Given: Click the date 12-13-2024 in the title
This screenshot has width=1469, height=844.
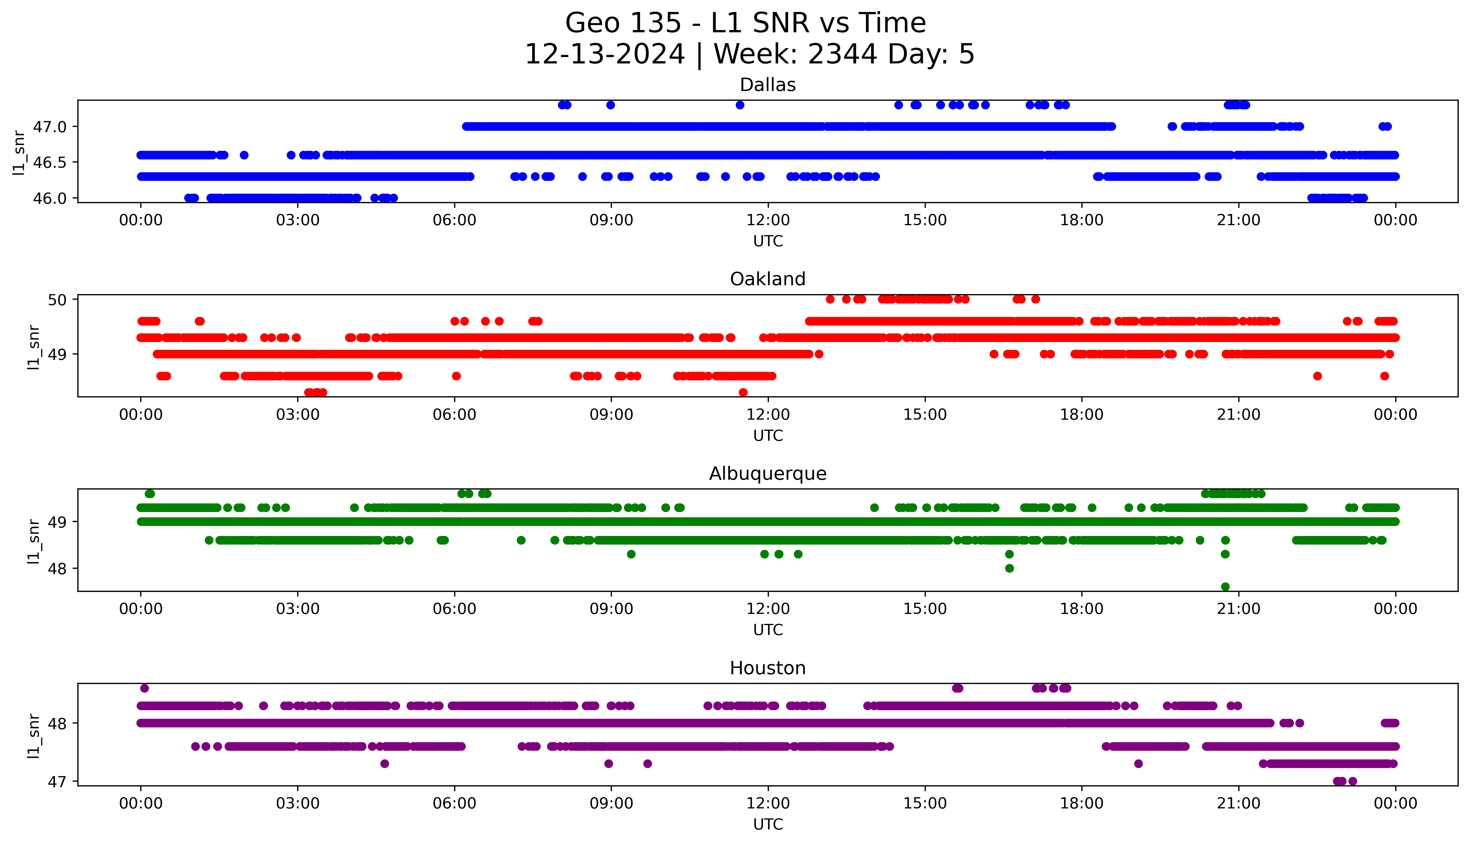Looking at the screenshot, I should click(x=604, y=55).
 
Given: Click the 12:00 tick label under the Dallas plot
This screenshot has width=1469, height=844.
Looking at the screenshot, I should click(x=768, y=220).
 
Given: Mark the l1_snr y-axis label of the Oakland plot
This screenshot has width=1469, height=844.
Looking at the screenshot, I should click(x=34, y=347).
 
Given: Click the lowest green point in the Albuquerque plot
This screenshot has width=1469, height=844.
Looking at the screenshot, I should click(x=1225, y=587).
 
